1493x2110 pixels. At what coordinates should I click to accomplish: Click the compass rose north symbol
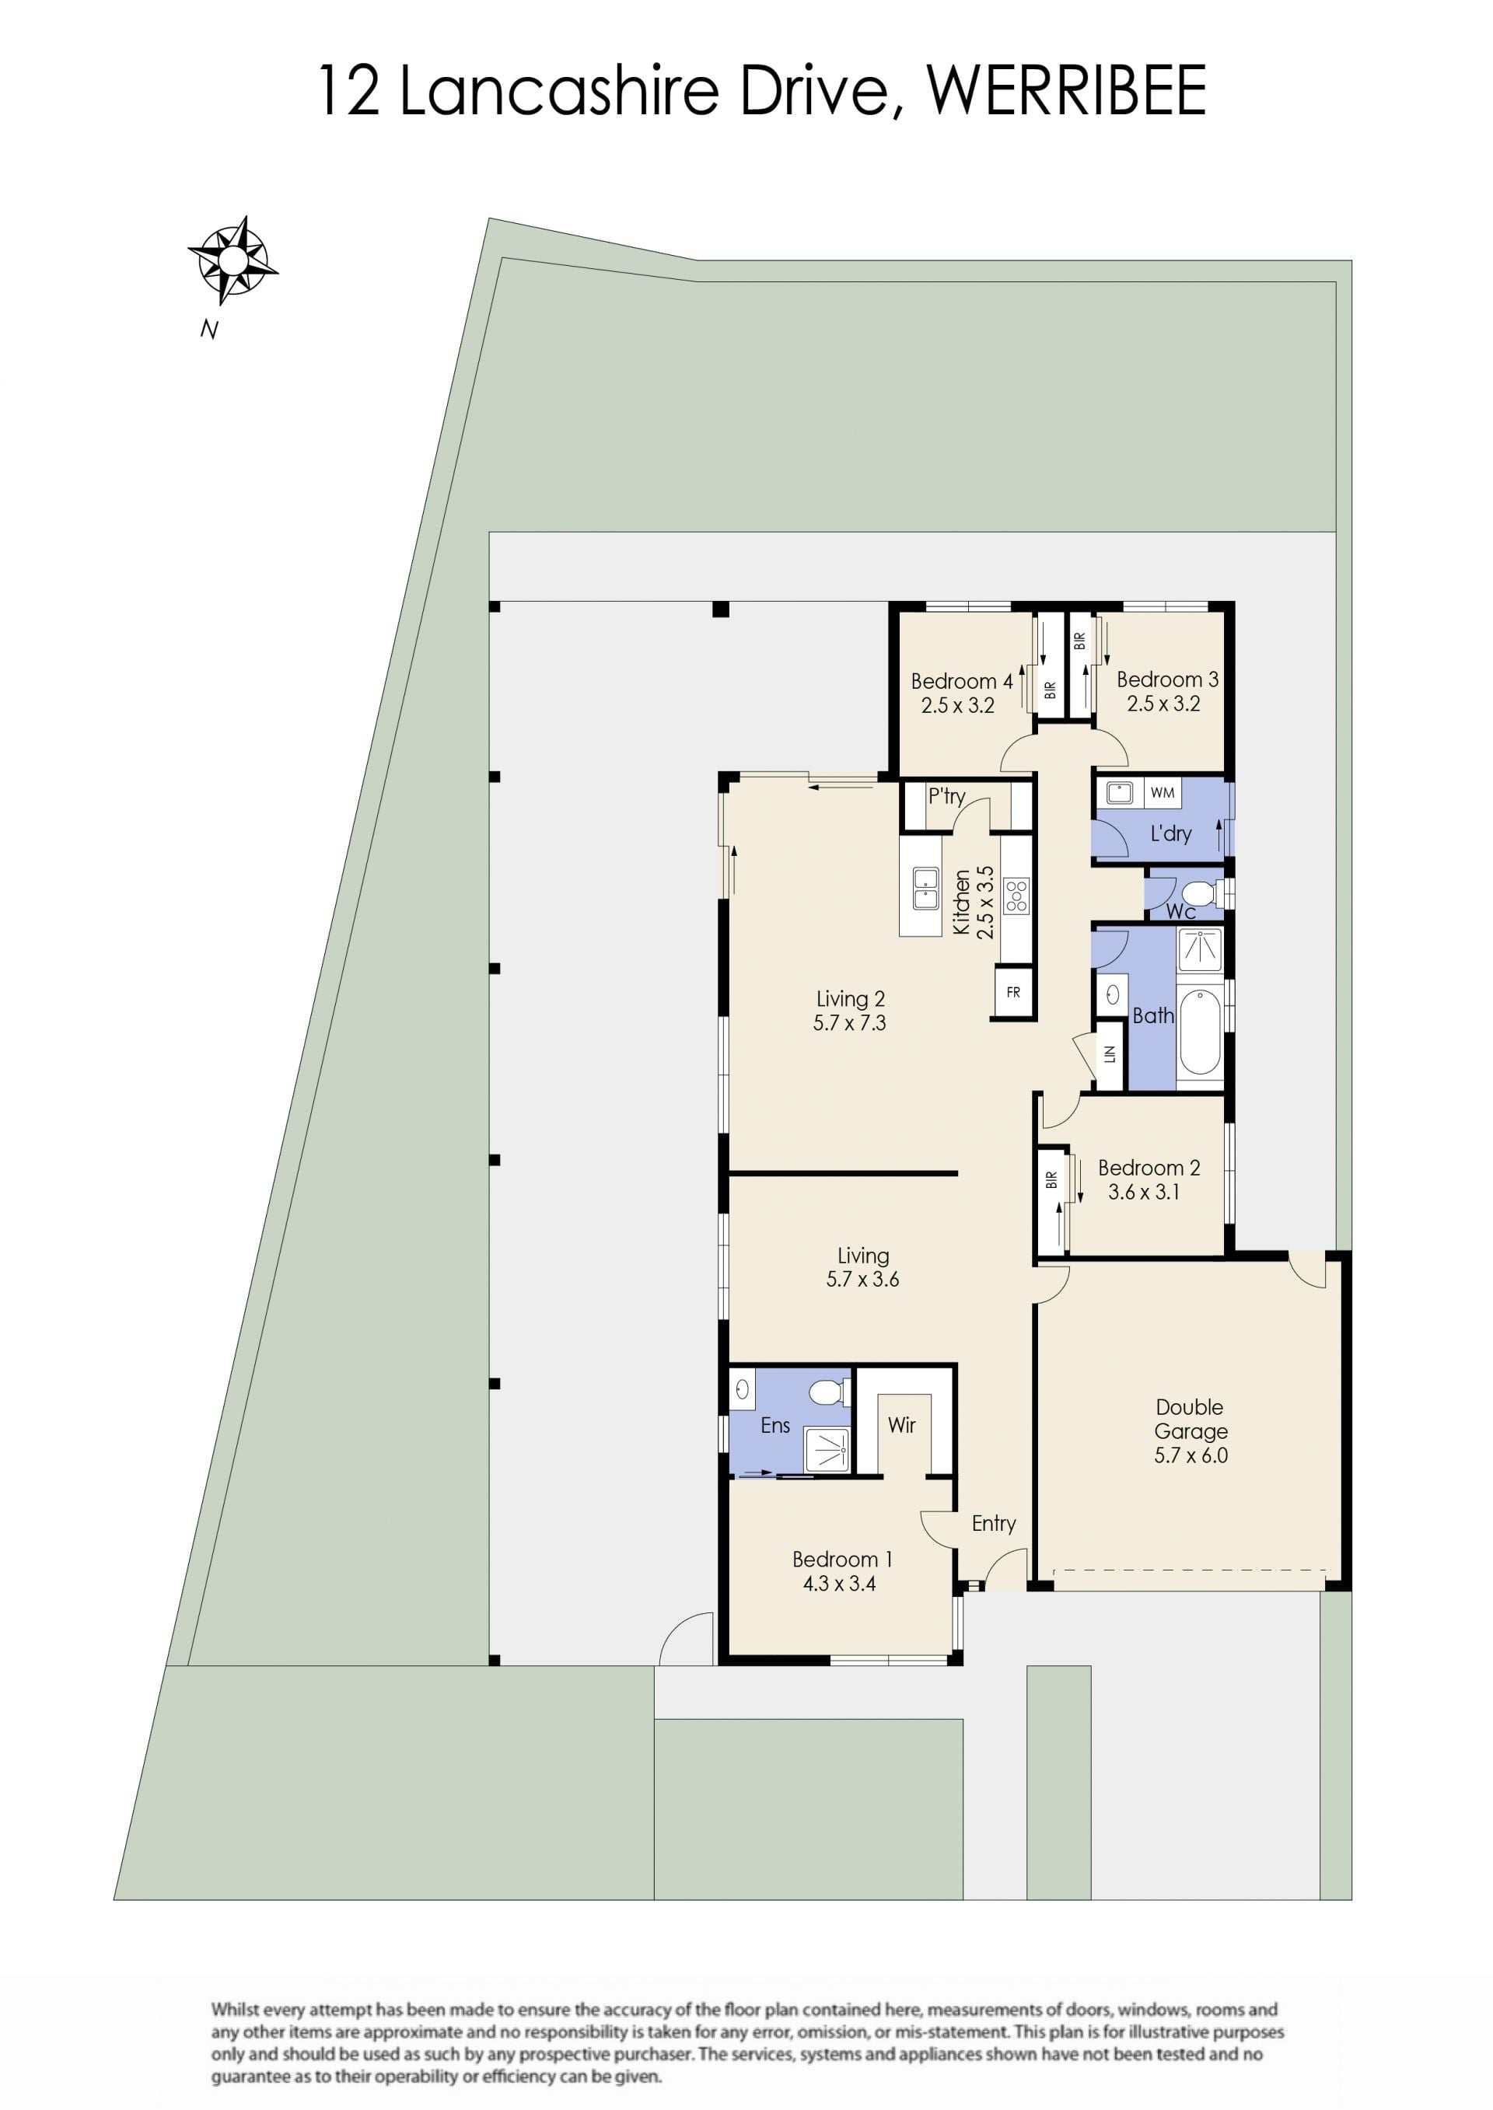coord(233,260)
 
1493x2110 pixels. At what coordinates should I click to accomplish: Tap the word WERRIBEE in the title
coord(1065,90)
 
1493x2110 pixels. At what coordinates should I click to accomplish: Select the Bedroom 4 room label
coord(962,681)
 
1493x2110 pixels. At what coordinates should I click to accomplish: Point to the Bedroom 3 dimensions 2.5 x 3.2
coord(1164,704)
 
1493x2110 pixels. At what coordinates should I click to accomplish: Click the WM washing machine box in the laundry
coord(1162,792)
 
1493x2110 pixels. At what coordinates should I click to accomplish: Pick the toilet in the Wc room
coord(1200,893)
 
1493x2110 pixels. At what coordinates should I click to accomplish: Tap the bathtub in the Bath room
coord(1199,1031)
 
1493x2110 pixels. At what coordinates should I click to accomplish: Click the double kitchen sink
coord(925,889)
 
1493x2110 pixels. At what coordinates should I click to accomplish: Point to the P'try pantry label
coord(947,797)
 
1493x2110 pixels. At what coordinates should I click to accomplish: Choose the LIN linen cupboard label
coord(1110,1054)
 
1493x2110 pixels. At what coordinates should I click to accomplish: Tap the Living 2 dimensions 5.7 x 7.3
coord(849,1023)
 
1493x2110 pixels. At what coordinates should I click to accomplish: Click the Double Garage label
coord(1191,1419)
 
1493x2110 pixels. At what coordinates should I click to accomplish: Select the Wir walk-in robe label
coord(901,1424)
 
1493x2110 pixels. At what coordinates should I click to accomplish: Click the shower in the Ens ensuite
coord(827,1448)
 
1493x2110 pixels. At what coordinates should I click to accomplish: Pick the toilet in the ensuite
coord(830,1392)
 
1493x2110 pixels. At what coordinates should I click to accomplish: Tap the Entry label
coord(994,1524)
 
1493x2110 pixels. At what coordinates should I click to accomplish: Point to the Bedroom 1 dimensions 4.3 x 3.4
coord(839,1584)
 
